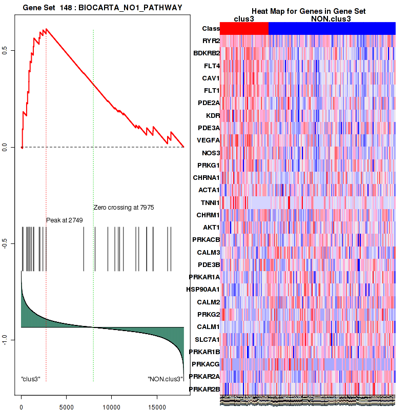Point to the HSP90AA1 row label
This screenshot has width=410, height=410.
204,290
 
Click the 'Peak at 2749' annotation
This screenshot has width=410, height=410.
65,220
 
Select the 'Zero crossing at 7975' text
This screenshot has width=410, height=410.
124,208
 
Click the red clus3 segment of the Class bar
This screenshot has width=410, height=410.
244,29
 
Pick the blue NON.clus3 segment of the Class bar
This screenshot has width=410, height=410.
332,29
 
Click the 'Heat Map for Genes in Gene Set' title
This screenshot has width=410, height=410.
308,11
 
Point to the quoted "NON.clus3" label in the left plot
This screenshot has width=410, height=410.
166,379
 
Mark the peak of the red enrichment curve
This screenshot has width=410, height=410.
46,29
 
